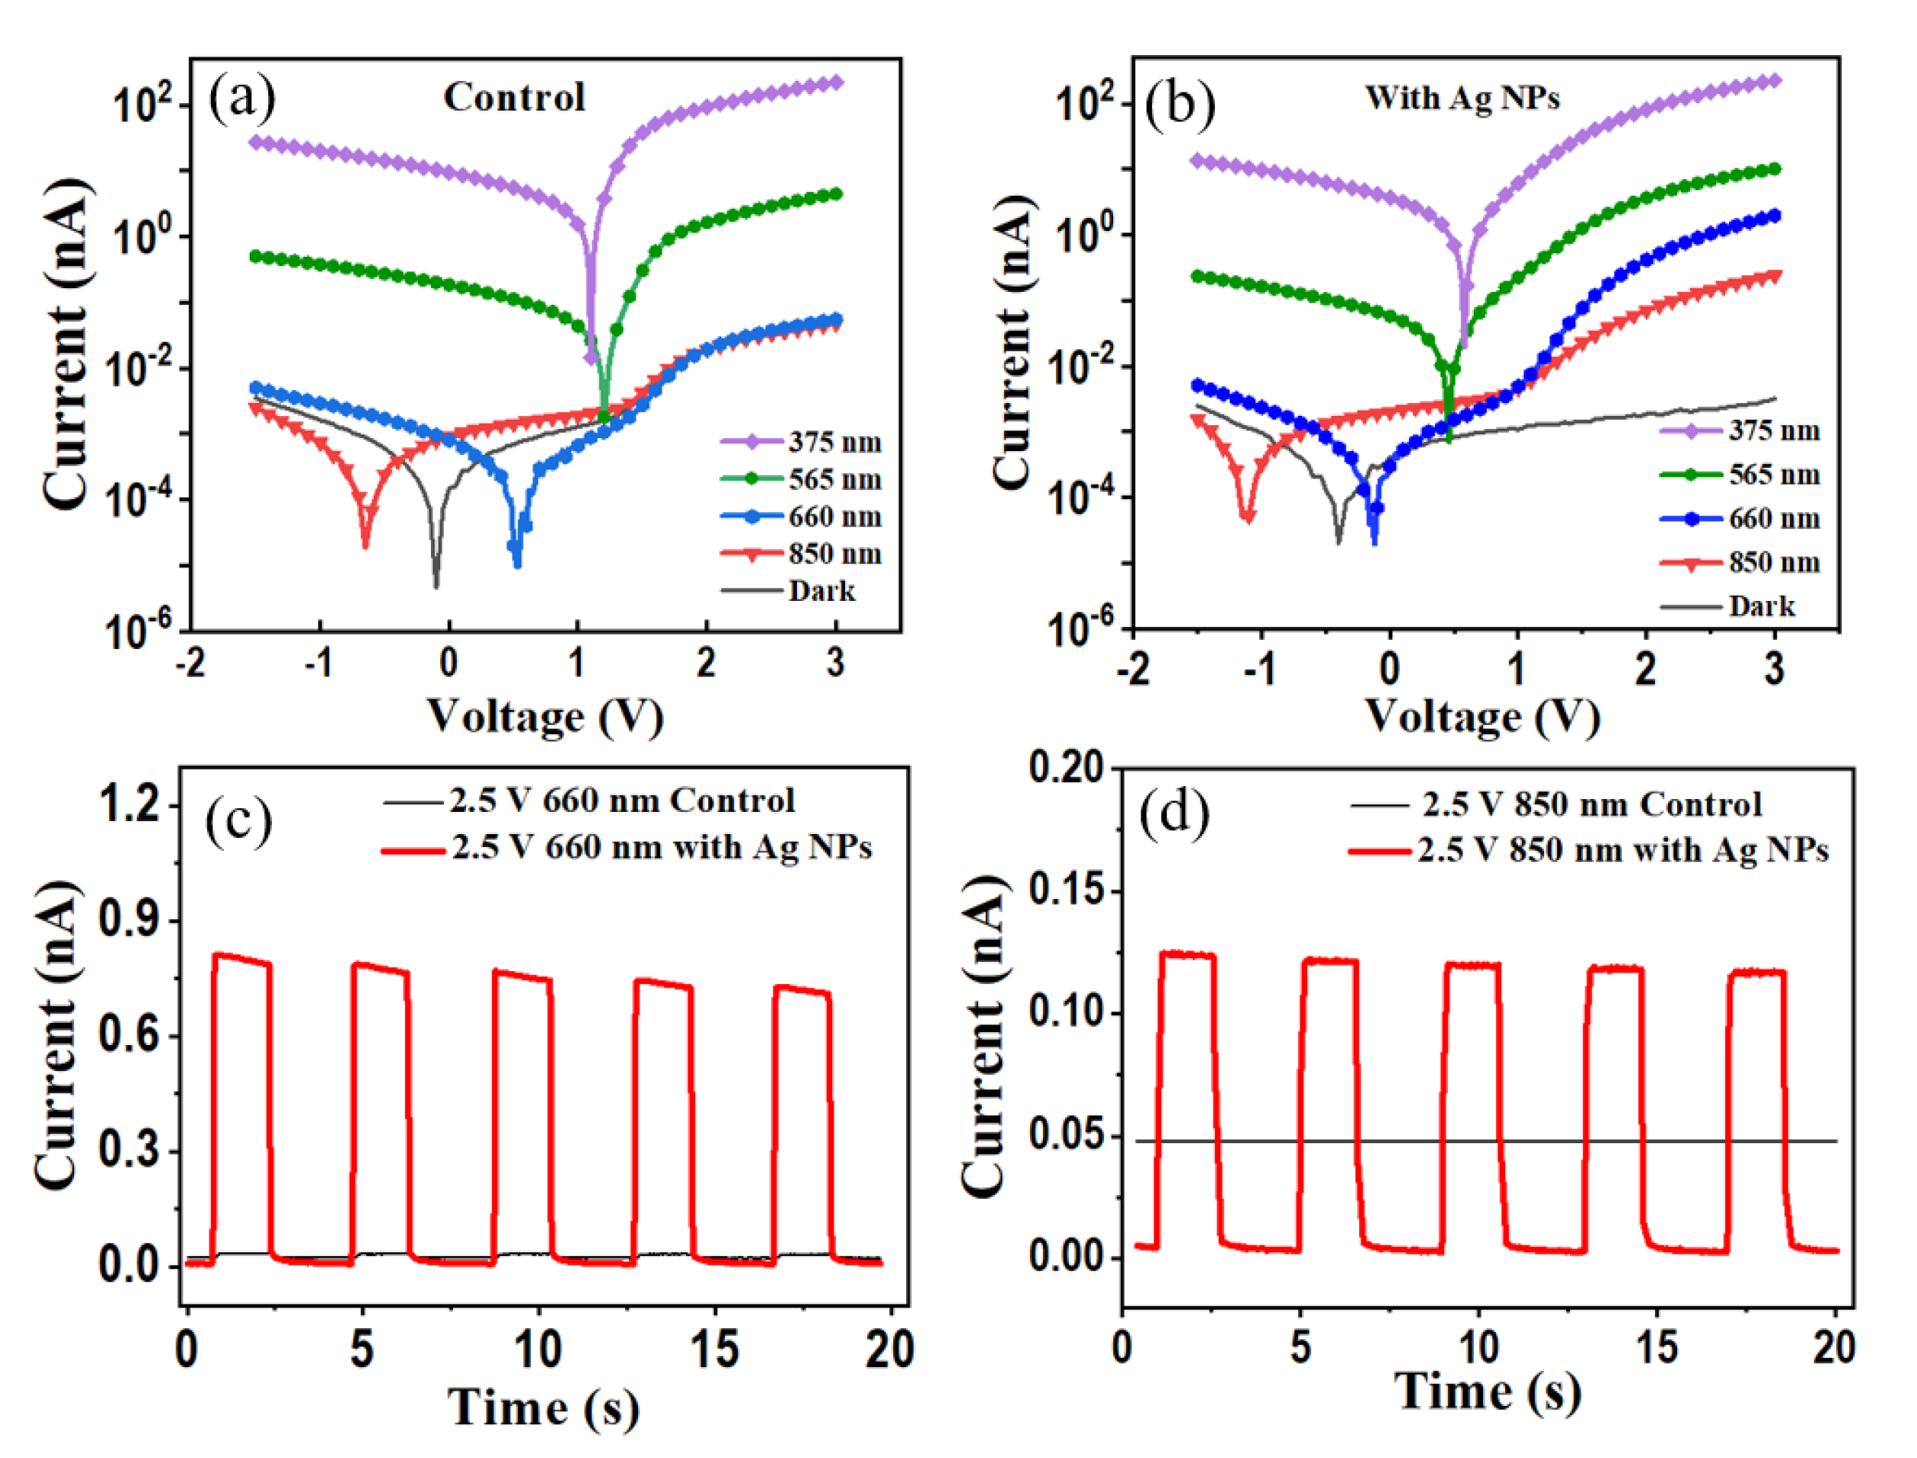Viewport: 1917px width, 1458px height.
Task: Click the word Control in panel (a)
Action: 514,97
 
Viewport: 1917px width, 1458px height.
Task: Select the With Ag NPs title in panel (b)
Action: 1462,97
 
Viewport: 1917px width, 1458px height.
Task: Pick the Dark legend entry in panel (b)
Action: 1761,606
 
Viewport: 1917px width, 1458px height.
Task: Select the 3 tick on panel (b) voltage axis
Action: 1775,668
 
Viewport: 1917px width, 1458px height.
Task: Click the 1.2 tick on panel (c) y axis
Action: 130,804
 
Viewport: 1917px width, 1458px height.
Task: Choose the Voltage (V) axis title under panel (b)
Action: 1483,718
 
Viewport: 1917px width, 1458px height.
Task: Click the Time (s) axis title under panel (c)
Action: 544,1407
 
